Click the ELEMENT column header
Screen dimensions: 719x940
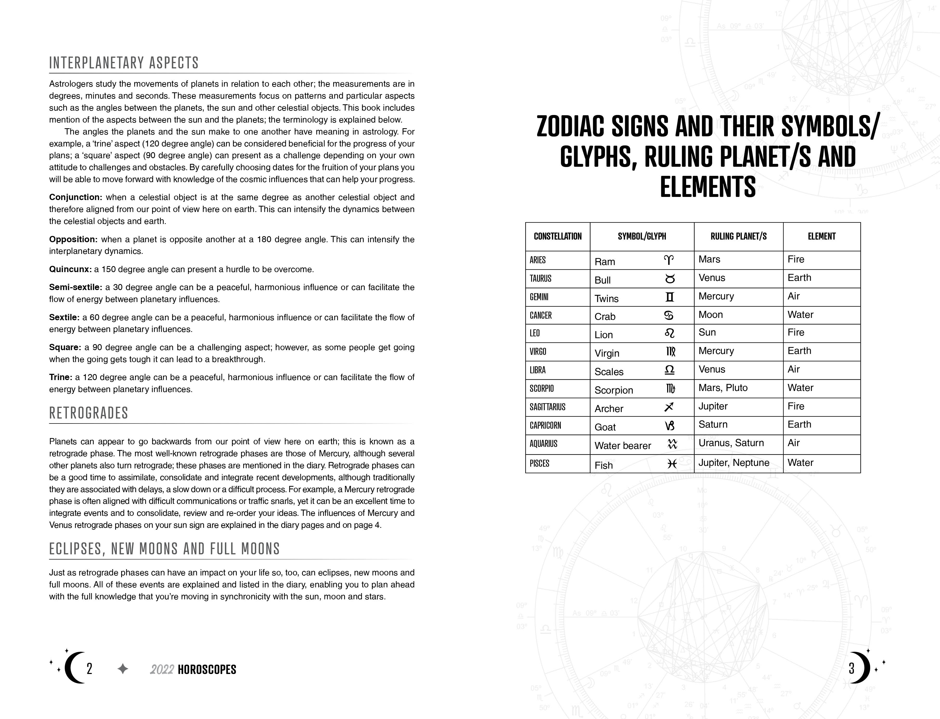[821, 236]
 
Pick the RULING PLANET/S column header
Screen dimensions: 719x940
[738, 236]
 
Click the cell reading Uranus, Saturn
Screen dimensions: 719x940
[731, 443]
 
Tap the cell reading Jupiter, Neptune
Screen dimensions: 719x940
[734, 463]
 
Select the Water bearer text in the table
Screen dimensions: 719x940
[622, 446]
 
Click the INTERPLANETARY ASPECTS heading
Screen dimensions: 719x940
[124, 63]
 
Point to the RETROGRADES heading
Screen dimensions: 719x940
[89, 413]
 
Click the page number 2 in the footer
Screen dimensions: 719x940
[89, 669]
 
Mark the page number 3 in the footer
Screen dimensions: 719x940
[851, 669]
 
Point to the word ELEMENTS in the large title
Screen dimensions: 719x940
[708, 187]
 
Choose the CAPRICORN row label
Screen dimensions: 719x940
[545, 425]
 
